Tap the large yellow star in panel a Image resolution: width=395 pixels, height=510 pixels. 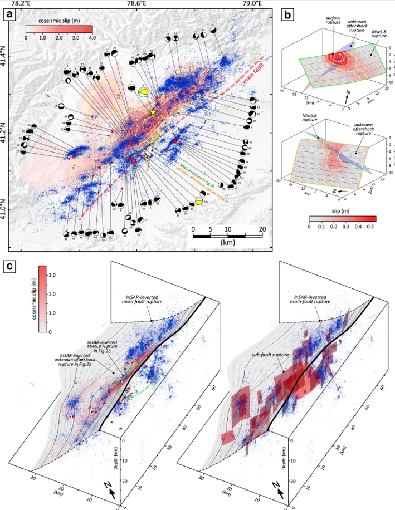click(x=153, y=112)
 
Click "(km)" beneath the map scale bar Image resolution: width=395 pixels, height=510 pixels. click(x=227, y=243)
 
